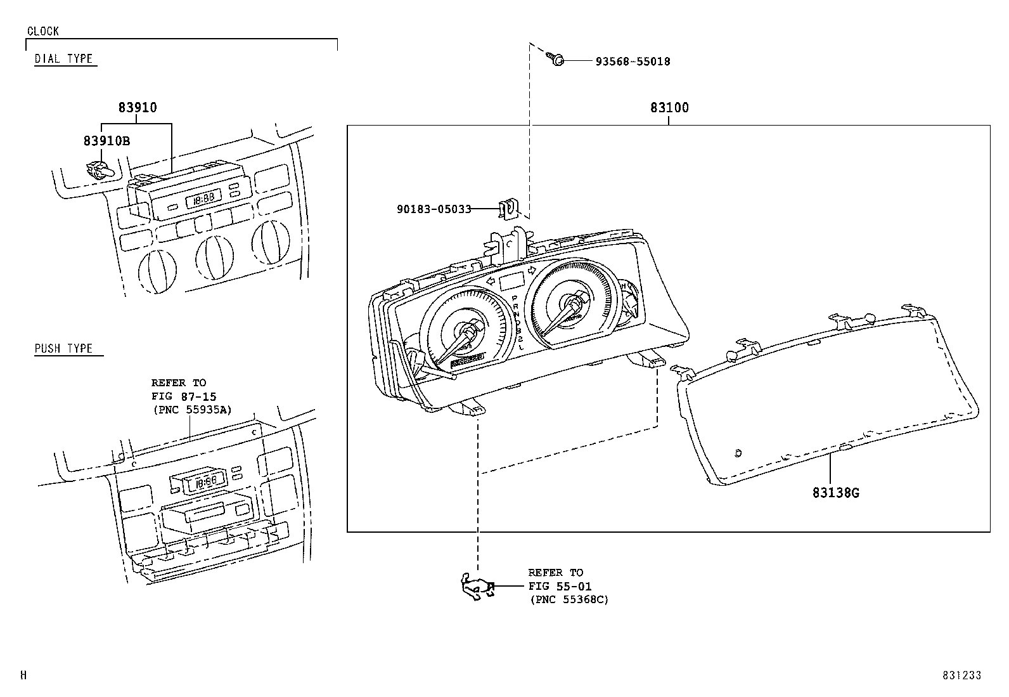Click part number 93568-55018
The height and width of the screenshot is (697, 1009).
point(632,62)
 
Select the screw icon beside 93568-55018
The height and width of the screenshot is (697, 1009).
point(555,60)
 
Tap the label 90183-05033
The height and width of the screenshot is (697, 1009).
point(434,209)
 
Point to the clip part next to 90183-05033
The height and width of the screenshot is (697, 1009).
point(508,208)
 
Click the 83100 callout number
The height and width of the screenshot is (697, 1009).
point(669,108)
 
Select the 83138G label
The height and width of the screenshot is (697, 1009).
point(835,492)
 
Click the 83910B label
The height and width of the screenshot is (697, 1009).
point(106,141)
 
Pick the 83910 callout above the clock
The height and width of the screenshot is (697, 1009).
point(138,108)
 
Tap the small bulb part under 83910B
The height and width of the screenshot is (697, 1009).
point(99,169)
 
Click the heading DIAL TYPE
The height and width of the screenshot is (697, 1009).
point(63,59)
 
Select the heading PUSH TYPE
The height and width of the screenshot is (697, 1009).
point(63,348)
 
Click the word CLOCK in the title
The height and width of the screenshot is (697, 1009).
point(43,31)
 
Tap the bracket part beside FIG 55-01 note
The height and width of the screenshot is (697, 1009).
point(477,587)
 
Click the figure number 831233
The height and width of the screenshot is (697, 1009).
point(961,675)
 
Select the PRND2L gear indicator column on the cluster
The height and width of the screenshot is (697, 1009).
point(518,322)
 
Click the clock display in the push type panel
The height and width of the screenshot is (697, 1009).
point(204,481)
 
